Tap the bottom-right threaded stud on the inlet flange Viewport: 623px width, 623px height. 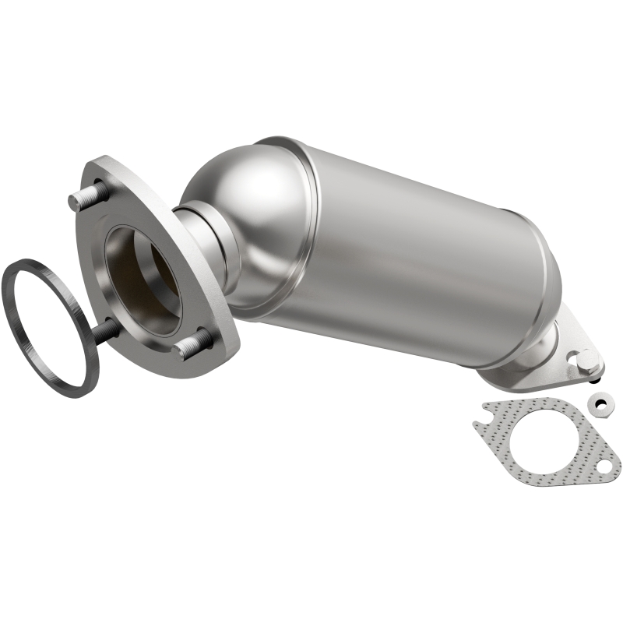193,343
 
